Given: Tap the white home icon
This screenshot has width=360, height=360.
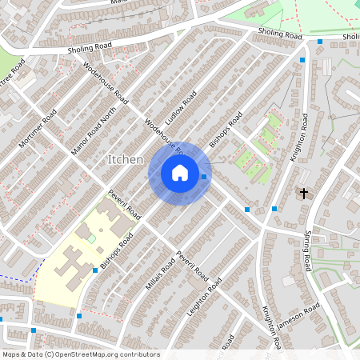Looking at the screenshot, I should click(180, 173).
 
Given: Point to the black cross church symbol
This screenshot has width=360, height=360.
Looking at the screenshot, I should click(303, 193).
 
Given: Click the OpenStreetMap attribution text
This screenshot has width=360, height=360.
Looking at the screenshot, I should click(81, 354).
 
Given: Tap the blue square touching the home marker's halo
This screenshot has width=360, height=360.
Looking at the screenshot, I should click(204, 177).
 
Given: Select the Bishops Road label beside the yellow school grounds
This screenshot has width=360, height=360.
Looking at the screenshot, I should click(117, 250).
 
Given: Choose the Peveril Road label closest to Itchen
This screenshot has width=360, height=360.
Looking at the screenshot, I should click(126, 206).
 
